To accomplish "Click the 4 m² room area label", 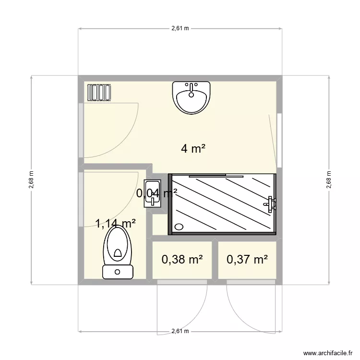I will coord(193,149).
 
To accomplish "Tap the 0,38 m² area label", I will coord(182,260).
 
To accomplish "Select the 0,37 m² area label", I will coord(247,260).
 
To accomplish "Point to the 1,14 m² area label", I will coord(115,223).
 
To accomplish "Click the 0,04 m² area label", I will coord(157,193).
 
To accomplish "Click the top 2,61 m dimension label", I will coord(180,29).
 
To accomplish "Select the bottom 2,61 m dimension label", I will coord(180,331).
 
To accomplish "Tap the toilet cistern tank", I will coord(118,272).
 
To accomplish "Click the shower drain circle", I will coord(179,227).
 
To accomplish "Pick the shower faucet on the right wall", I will coord(271,204).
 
